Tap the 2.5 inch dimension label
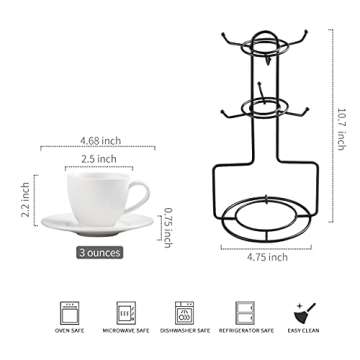[99, 158]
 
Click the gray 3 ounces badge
[99, 253]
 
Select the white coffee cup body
[97, 195]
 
